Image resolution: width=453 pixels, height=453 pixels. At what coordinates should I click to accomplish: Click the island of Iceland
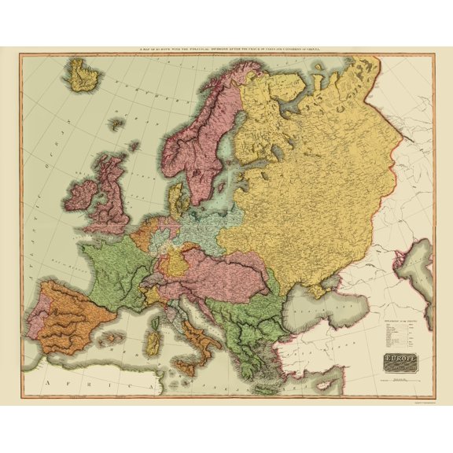coord(84,75)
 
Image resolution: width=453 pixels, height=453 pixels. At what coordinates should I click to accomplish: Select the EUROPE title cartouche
coord(400,363)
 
